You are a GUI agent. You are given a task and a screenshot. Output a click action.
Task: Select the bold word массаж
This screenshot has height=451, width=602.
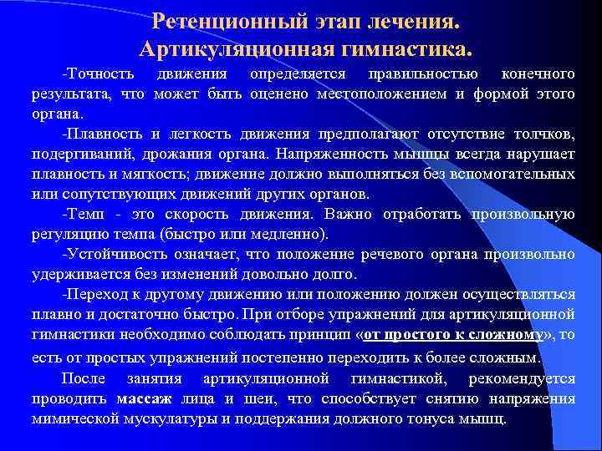click(x=145, y=398)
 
